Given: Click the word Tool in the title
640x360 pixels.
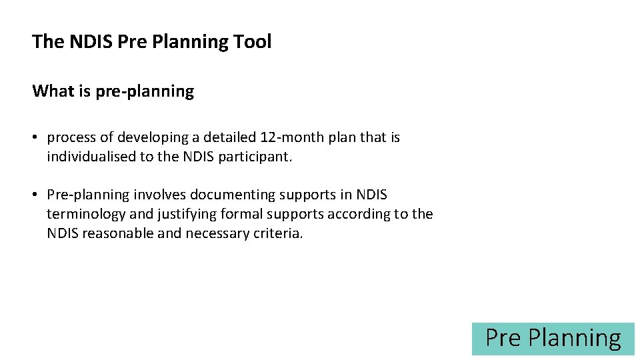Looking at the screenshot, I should coord(253,42).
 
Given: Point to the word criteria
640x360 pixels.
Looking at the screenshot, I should coord(277,234).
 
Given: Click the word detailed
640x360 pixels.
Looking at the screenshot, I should coord(229,138).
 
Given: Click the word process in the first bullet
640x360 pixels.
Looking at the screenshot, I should coord(71,138).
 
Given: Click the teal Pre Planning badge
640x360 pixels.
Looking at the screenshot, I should coord(553,339).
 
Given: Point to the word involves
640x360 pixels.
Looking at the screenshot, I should coord(160,195).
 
